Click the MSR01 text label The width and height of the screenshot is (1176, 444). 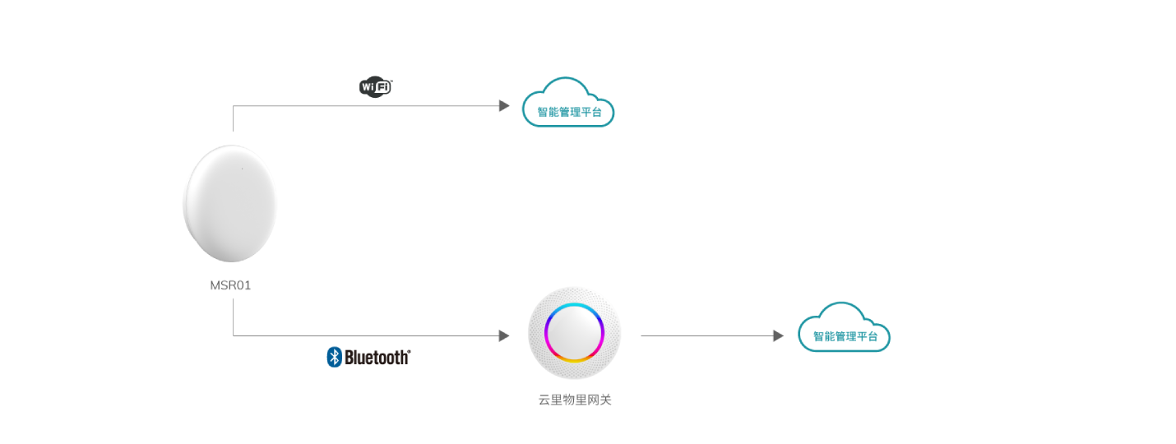click(230, 286)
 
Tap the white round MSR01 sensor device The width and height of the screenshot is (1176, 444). click(230, 202)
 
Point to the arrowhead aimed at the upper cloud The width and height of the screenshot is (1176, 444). click(504, 106)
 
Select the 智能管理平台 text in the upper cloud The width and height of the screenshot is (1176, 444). click(569, 111)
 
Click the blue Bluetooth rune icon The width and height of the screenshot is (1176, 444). click(334, 357)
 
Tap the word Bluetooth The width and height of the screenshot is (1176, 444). click(377, 358)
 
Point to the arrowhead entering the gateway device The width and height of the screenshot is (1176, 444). click(504, 335)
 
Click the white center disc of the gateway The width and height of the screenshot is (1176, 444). click(575, 333)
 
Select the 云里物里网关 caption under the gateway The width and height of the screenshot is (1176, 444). click(575, 400)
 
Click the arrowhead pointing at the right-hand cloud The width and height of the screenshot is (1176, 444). click(778, 335)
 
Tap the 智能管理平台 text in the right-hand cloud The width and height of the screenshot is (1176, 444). click(845, 336)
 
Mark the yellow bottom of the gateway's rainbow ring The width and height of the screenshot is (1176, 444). click(575, 361)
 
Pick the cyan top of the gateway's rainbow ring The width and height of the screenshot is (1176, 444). click(575, 305)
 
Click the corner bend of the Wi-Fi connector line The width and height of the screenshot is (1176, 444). click(234, 106)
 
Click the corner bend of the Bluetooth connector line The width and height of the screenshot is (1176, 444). click(234, 335)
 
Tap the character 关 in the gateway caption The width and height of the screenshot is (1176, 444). click(606, 400)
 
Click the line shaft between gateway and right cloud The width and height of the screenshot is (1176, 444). click(707, 335)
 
